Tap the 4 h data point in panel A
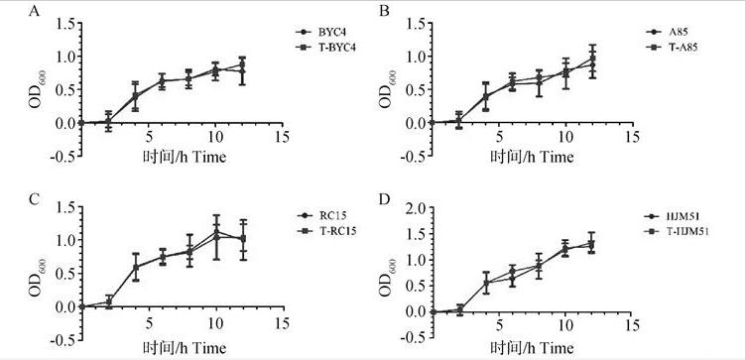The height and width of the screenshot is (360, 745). click(x=136, y=96)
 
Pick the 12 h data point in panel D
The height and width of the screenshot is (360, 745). click(x=591, y=243)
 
